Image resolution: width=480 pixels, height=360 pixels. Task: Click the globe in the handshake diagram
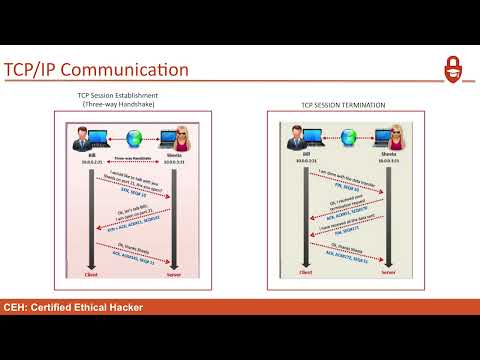(x=128, y=136)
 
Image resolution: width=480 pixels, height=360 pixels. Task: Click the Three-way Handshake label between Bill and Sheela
(x=130, y=157)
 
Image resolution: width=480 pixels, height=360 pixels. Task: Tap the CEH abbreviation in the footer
(x=16, y=307)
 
